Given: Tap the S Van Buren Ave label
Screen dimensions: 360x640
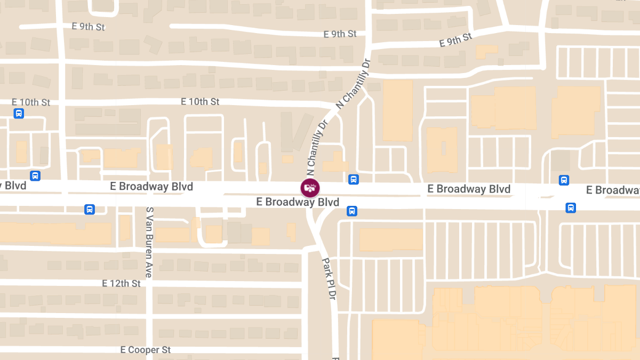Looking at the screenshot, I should [x=150, y=242].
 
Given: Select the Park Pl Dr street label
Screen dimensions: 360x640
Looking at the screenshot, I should [x=328, y=279].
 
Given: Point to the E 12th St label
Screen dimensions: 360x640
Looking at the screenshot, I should [x=122, y=283].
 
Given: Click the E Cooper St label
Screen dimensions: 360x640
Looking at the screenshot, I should [x=145, y=350].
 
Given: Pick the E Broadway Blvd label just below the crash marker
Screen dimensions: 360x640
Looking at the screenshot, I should [x=298, y=202].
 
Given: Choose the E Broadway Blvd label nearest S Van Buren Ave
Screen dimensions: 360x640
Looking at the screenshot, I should [x=151, y=187].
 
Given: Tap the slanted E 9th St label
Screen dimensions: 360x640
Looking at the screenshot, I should [x=456, y=40].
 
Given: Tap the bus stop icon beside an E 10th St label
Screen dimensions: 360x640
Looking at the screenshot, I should [x=19, y=113].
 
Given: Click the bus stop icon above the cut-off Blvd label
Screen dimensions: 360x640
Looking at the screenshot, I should [x=35, y=175].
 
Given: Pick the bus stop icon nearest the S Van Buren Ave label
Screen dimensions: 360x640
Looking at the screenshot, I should [x=90, y=209].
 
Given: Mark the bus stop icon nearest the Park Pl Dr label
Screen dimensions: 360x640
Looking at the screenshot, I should [x=352, y=211].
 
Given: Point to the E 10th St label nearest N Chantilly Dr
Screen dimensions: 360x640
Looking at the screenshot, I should [x=200, y=101].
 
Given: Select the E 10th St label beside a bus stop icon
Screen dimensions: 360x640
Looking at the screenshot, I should [x=31, y=102].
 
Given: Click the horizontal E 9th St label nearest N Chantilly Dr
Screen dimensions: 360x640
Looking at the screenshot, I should [x=340, y=34].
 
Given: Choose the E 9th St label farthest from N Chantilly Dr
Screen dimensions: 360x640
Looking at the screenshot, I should [x=88, y=27].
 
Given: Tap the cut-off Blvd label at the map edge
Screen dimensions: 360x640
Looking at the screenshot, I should [x=13, y=186].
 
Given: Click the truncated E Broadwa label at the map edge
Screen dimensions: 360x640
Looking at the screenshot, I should [x=613, y=190].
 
